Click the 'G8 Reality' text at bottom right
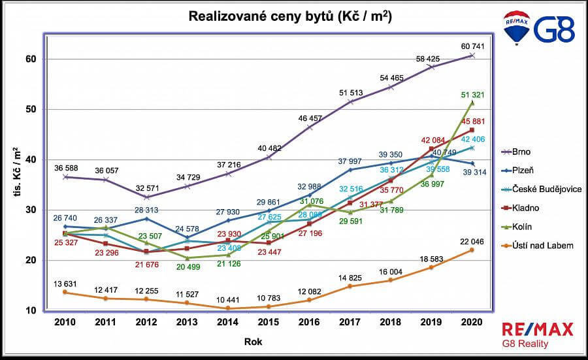(x=525, y=344)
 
